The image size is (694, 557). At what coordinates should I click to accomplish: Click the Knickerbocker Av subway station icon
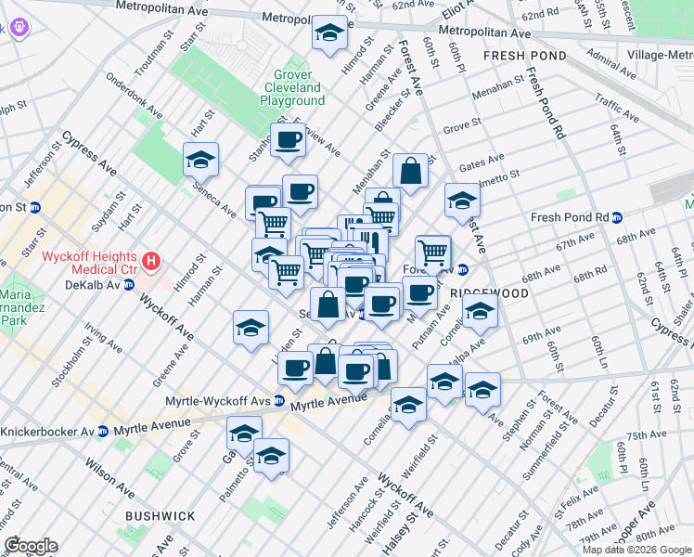103,432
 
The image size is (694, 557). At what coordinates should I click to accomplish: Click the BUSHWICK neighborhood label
162,515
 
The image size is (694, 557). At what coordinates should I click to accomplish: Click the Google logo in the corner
30,546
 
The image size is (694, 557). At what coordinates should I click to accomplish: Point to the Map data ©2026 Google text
636,550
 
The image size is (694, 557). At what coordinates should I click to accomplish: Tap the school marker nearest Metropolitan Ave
329,33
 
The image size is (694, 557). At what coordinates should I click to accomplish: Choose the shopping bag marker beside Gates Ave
409,171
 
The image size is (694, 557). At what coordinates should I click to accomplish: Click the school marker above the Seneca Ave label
200,161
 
